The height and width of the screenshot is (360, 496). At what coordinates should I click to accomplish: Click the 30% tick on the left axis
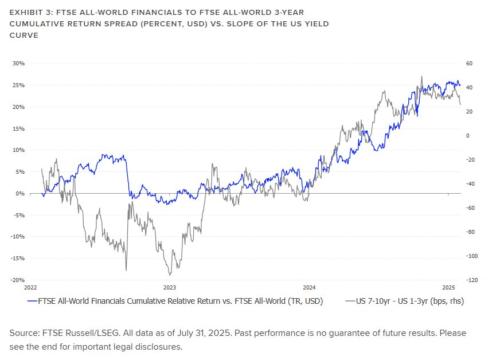coord(19,64)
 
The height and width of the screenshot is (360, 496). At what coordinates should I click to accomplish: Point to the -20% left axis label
coord(18,280)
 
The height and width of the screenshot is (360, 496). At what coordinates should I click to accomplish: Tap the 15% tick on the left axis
coord(19,128)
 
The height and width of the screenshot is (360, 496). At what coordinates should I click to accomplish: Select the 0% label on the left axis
coord(21,194)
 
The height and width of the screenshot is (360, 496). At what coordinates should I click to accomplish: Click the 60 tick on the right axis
coord(468,64)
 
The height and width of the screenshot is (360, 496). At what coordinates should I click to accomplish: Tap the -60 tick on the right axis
coord(470,208)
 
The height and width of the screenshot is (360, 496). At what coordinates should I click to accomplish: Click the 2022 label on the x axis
coord(30,287)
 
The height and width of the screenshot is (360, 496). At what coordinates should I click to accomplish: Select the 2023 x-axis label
coord(170,287)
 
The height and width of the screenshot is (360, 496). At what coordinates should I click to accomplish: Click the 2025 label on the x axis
coord(448,287)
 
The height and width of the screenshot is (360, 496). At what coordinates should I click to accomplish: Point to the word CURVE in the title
coord(24,36)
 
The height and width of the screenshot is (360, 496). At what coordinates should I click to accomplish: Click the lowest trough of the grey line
coord(170,275)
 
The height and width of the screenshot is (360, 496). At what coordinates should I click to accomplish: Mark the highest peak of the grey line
coord(421,76)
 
